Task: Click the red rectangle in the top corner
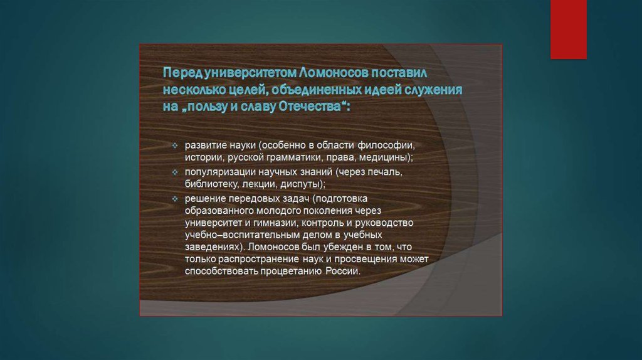568,29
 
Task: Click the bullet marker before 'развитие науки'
175,146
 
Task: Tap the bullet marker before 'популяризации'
175,172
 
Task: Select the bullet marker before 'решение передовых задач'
175,199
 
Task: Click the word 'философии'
386,146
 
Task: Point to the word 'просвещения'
367,259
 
